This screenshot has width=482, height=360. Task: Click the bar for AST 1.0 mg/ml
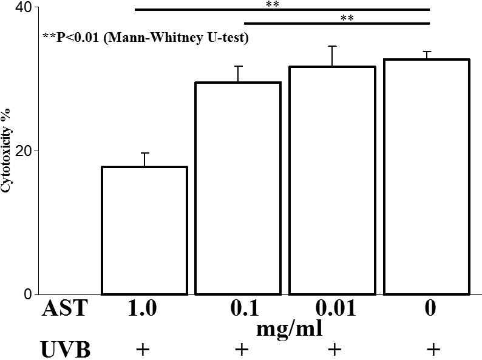[x=144, y=230]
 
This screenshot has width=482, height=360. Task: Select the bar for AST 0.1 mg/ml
[x=237, y=188]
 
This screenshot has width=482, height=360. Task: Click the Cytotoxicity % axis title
[x=7, y=151]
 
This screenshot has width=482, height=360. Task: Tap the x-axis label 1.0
[x=143, y=309]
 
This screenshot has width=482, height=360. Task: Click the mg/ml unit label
[x=289, y=328]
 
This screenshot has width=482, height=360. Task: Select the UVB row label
[x=65, y=350]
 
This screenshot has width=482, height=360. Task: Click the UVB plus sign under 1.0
[x=143, y=350]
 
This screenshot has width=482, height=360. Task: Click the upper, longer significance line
[x=282, y=10]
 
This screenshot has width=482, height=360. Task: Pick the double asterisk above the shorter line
[x=347, y=18]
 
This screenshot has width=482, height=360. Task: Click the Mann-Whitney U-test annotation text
[x=146, y=38]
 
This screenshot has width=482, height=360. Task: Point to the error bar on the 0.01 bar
[x=331, y=56]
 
